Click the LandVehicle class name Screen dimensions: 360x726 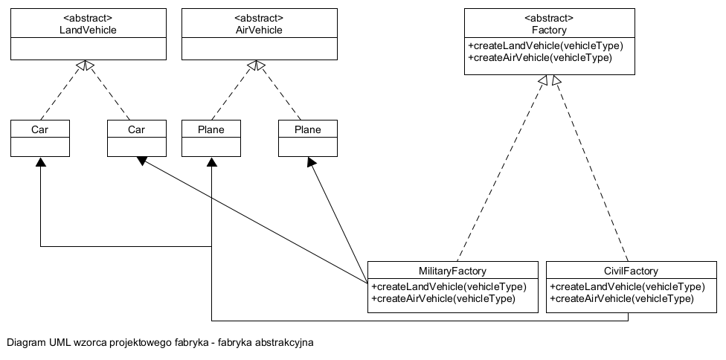coord(88,30)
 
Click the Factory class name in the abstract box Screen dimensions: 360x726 coord(550,30)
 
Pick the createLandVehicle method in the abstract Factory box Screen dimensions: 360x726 coord(545,46)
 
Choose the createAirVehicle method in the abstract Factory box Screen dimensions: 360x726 coord(539,57)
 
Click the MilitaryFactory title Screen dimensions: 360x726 coord(453,271)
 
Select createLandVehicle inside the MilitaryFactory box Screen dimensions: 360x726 coord(449,287)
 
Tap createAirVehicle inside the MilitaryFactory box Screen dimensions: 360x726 coord(443,298)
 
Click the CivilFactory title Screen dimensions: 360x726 coord(632,271)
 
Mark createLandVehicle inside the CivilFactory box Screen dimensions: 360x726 coord(627,287)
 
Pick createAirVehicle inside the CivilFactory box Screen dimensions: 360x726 coord(621,298)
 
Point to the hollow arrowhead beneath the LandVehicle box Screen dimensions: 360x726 coord(87,66)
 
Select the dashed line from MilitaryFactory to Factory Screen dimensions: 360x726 coord(498,167)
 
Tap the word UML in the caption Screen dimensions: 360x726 coord(61,343)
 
